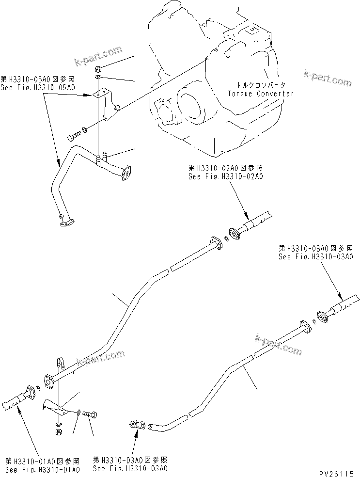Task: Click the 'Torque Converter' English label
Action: (261, 94)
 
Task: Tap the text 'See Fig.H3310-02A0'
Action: (225, 176)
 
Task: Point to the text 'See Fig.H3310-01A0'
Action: (43, 469)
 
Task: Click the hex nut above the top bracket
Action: (97, 67)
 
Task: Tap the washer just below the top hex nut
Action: (97, 77)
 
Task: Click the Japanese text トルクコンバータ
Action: (260, 84)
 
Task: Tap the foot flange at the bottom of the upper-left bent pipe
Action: (66, 223)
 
